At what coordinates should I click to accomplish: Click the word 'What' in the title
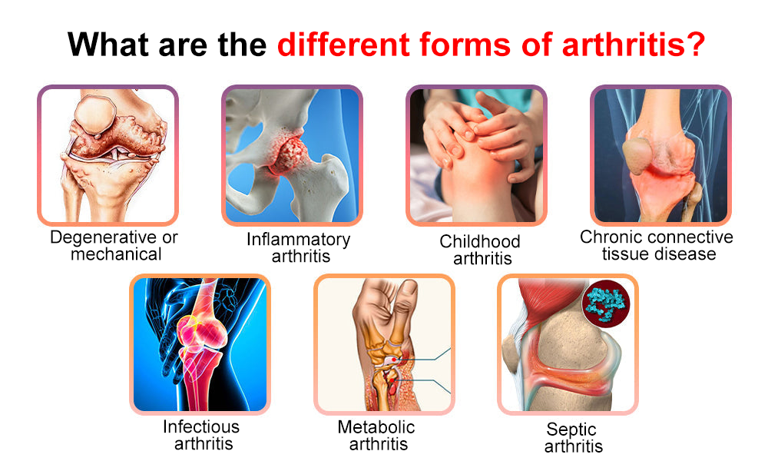(108, 45)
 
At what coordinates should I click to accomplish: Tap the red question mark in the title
(696, 45)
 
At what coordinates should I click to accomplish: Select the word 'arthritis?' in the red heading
(634, 45)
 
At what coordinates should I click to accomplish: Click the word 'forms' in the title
(465, 45)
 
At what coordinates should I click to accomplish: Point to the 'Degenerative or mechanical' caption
(114, 245)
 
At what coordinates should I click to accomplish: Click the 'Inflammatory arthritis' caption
(298, 247)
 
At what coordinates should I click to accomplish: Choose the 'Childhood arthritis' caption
(481, 250)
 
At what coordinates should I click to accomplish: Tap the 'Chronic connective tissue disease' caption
(657, 245)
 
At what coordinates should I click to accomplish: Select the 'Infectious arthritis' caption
(201, 435)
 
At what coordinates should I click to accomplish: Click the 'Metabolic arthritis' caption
(376, 436)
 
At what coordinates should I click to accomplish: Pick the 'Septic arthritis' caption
(572, 437)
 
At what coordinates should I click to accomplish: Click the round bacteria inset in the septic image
(606, 303)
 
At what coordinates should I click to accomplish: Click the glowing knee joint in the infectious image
(201, 333)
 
